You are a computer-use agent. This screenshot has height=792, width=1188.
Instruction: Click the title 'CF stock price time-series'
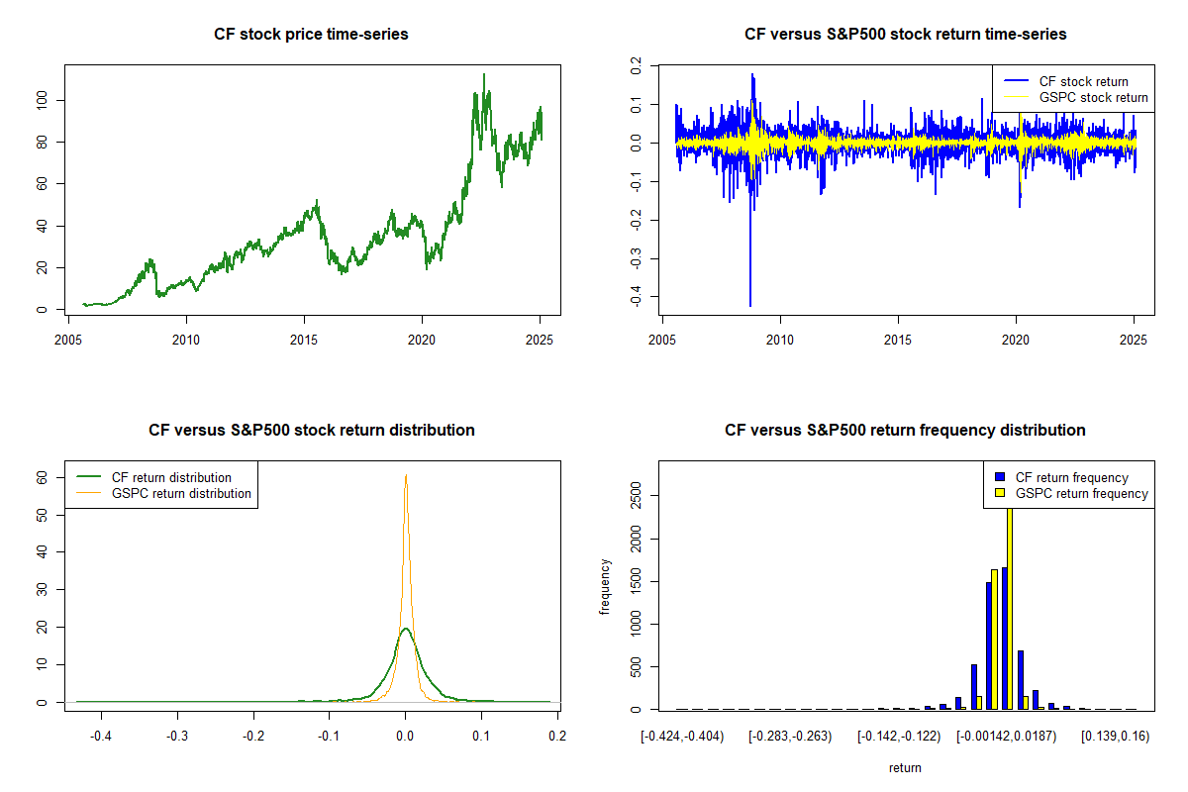[x=311, y=35]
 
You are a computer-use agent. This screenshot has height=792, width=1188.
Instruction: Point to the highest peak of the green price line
[x=483, y=74]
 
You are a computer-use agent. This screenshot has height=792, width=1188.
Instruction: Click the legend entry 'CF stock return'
[x=1083, y=81]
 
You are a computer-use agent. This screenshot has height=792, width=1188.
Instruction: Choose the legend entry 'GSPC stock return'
[x=1093, y=97]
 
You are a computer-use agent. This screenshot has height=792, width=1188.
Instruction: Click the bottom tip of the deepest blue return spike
[x=749, y=306]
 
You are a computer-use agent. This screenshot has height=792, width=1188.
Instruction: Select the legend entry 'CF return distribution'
[x=171, y=477]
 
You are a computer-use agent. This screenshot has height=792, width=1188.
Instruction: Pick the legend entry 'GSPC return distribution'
[x=181, y=493]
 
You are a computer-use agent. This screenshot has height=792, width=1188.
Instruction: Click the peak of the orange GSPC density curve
[x=405, y=475]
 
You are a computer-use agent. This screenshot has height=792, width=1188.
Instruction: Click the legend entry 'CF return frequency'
[x=1072, y=477]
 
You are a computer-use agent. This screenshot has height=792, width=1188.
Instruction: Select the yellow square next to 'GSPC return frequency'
[x=1000, y=493]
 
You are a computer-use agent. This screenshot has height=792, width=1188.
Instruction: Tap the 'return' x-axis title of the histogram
[x=905, y=767]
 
